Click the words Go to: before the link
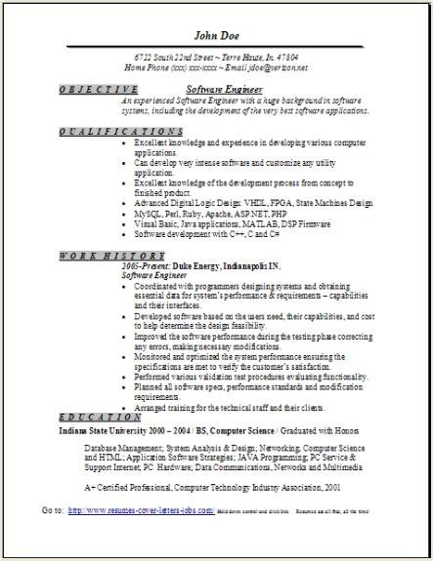[53, 539]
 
